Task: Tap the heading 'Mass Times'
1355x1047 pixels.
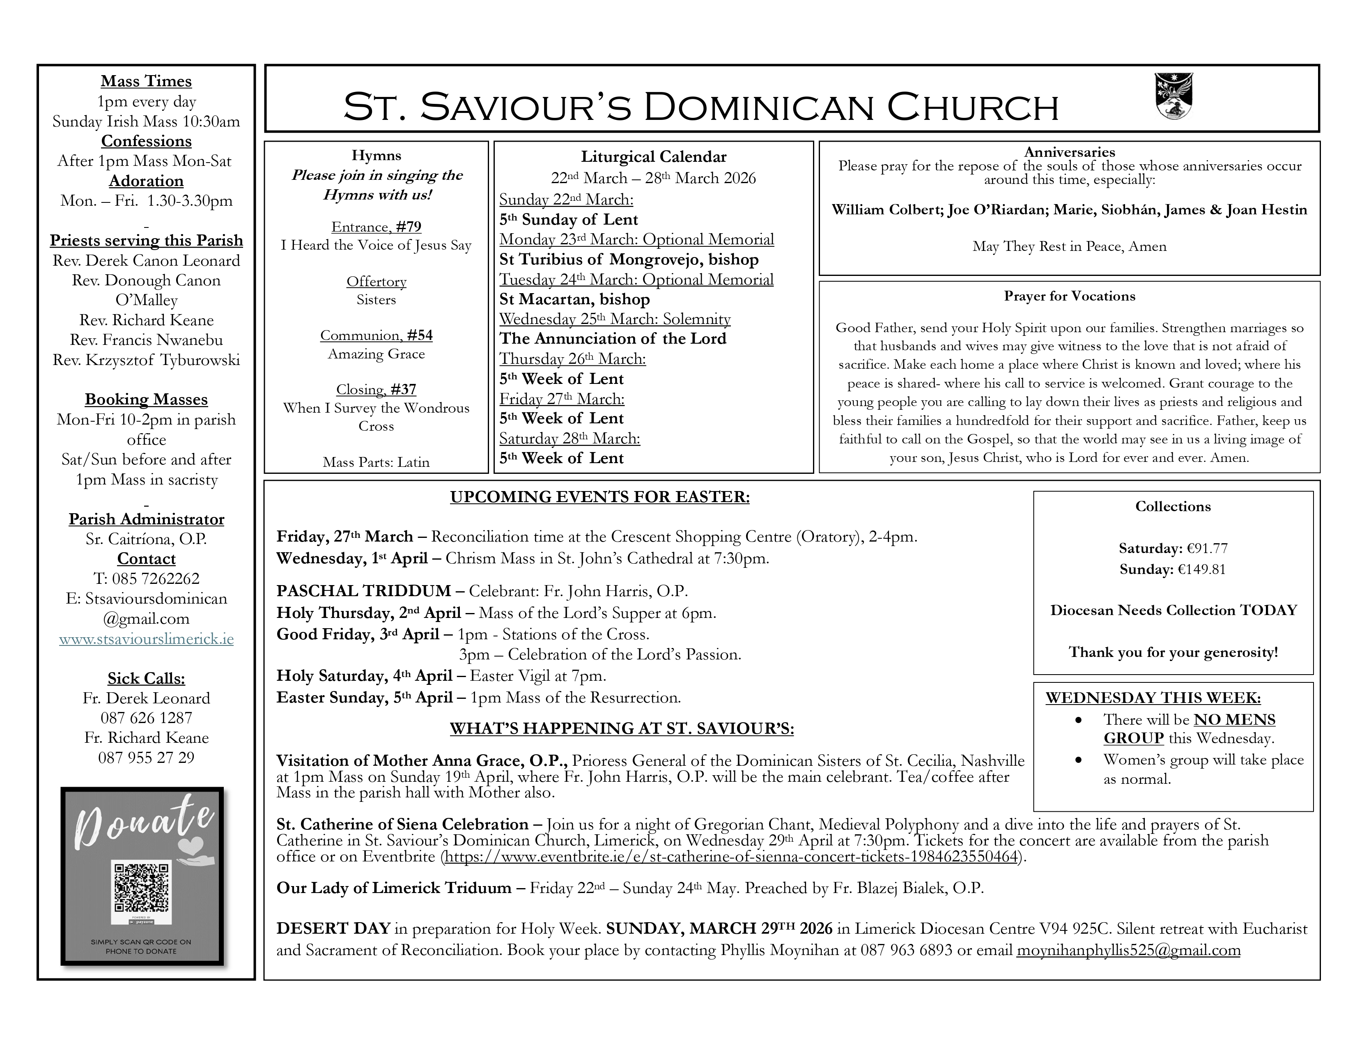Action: click(147, 81)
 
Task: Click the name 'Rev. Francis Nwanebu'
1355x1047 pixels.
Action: click(147, 340)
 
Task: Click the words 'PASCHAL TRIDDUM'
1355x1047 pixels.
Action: click(363, 591)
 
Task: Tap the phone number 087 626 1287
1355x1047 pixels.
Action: click(147, 718)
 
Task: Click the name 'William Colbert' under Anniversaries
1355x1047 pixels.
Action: click(887, 210)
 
